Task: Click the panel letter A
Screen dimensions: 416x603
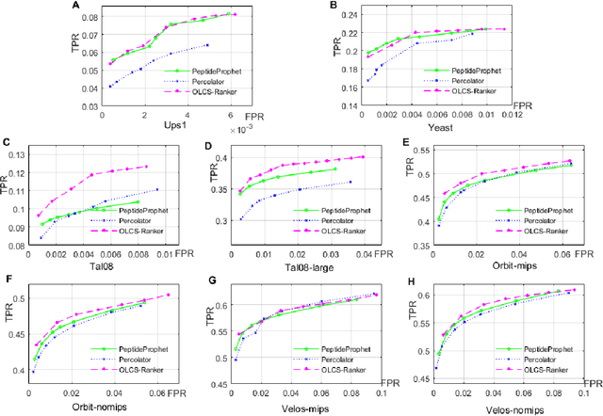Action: tap(74, 6)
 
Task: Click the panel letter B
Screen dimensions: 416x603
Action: tap(332, 7)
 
